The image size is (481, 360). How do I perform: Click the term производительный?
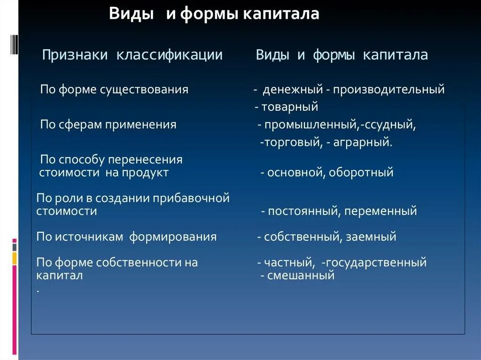tap(388, 89)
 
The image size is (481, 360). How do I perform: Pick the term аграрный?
tap(363, 142)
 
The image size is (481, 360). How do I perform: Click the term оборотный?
tap(361, 173)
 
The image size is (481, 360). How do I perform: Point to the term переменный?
tap(380, 211)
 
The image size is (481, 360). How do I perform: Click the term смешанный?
tap(301, 276)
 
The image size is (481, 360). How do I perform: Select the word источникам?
tap(89, 237)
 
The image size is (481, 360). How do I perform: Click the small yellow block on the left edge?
tap(15, 258)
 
